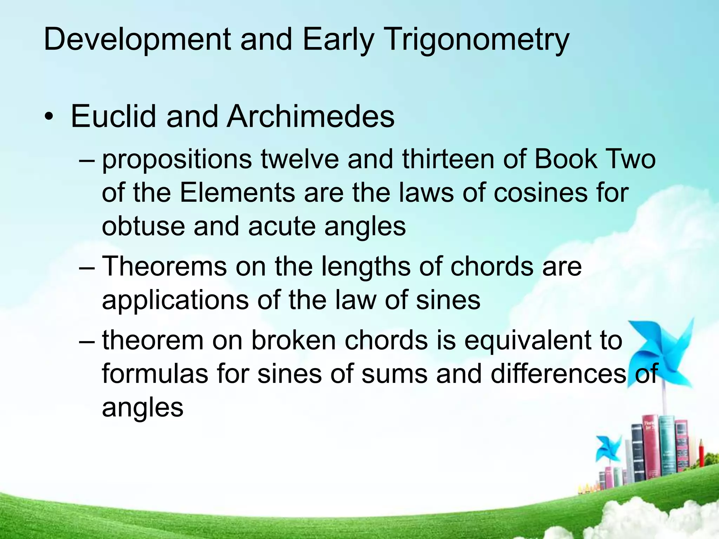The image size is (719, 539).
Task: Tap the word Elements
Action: coord(238,193)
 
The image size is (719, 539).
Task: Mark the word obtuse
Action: coord(143,226)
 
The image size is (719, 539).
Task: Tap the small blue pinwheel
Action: coord(608,449)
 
